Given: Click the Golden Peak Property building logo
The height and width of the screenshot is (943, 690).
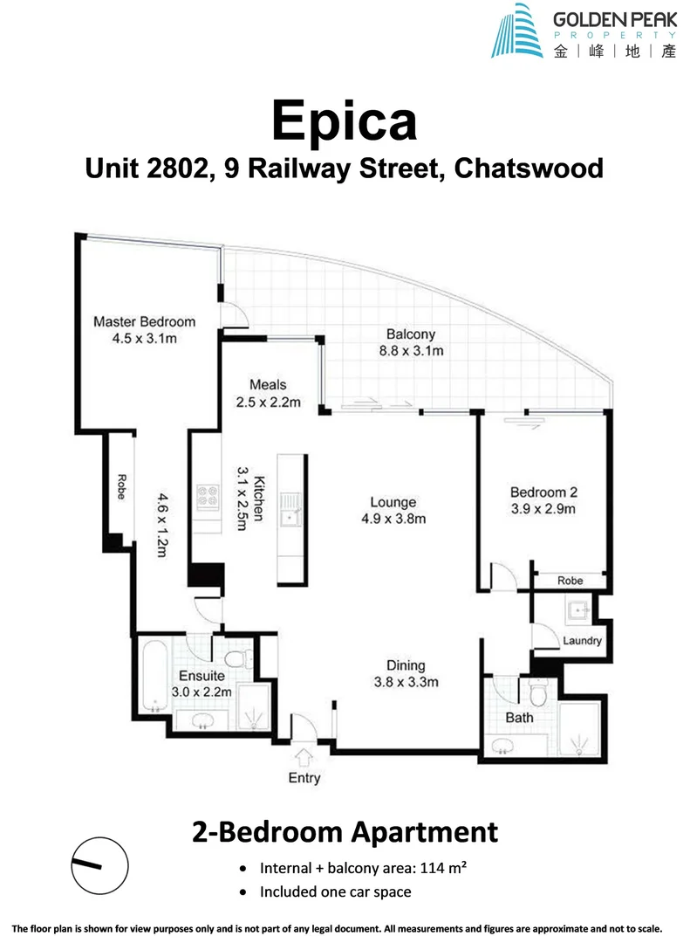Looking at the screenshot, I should click(517, 31).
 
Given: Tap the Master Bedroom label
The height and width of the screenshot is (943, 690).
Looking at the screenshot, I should click(144, 321).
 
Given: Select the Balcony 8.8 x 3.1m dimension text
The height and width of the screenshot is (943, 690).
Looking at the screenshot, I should click(411, 351).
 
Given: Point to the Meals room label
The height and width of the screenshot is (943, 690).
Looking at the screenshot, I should click(268, 384).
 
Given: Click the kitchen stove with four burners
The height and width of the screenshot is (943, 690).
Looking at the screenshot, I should click(208, 496).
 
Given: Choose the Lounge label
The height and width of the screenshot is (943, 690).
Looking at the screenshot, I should click(392, 503).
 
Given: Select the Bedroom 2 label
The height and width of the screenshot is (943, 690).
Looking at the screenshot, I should click(543, 492).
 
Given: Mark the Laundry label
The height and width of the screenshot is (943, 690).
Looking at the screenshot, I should click(582, 640).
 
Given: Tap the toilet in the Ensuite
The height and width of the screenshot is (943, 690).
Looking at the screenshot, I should click(234, 658).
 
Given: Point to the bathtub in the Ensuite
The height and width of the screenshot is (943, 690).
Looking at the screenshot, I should click(154, 678).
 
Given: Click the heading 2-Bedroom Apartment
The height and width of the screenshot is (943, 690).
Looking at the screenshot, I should click(345, 831).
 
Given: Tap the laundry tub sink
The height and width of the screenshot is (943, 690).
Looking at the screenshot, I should click(575, 609).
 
